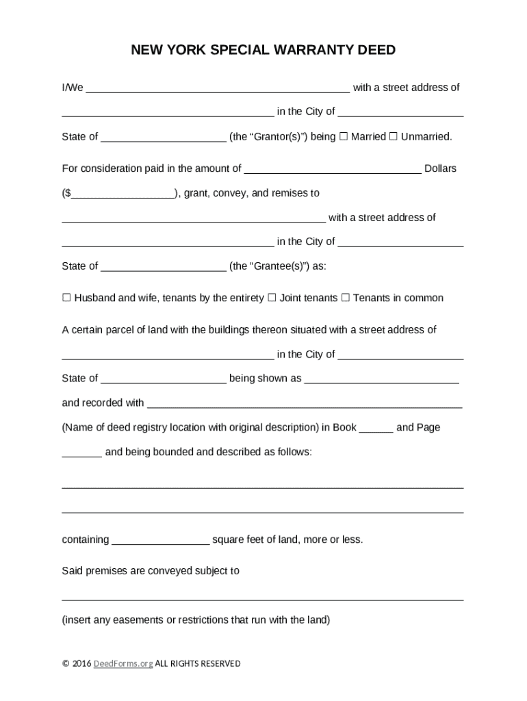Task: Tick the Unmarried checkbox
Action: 394,136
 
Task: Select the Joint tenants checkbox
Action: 272,298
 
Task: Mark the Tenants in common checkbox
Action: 346,298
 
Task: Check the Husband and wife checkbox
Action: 66,298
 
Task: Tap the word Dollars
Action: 440,168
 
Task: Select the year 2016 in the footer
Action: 81,663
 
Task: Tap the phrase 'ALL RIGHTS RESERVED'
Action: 198,663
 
